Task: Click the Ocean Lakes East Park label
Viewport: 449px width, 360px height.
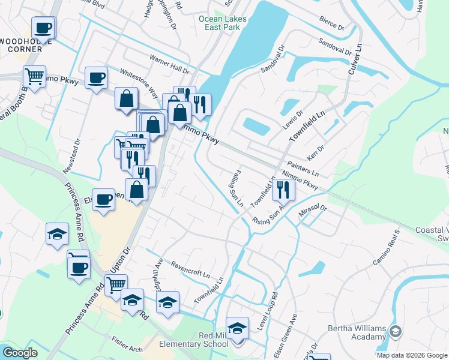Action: coord(223,23)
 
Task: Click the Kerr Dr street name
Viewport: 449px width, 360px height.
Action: coord(316,148)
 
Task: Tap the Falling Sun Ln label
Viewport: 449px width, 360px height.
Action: coord(236,190)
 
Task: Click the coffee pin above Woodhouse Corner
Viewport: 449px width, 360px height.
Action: coord(44,28)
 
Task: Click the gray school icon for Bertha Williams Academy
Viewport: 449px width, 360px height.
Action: coord(396,331)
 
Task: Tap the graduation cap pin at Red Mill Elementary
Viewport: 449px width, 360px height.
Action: coord(238,328)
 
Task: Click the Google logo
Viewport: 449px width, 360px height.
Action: coord(20,353)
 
